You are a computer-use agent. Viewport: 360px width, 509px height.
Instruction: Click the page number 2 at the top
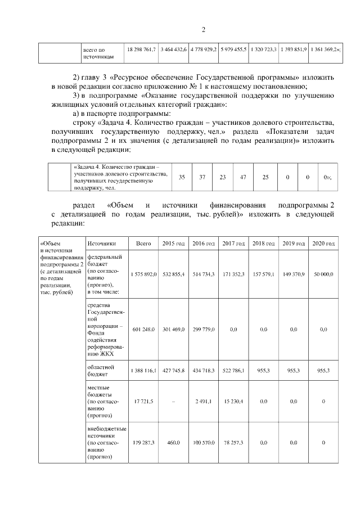click(204, 30)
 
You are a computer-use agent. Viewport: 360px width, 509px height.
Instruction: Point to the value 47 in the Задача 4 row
click(243, 177)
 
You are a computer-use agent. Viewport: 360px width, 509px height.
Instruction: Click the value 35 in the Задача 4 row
click(182, 177)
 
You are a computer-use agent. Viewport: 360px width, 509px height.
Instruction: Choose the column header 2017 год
click(233, 244)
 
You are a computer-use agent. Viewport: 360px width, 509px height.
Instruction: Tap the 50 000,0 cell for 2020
click(323, 274)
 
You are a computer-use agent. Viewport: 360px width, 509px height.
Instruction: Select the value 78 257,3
click(233, 443)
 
